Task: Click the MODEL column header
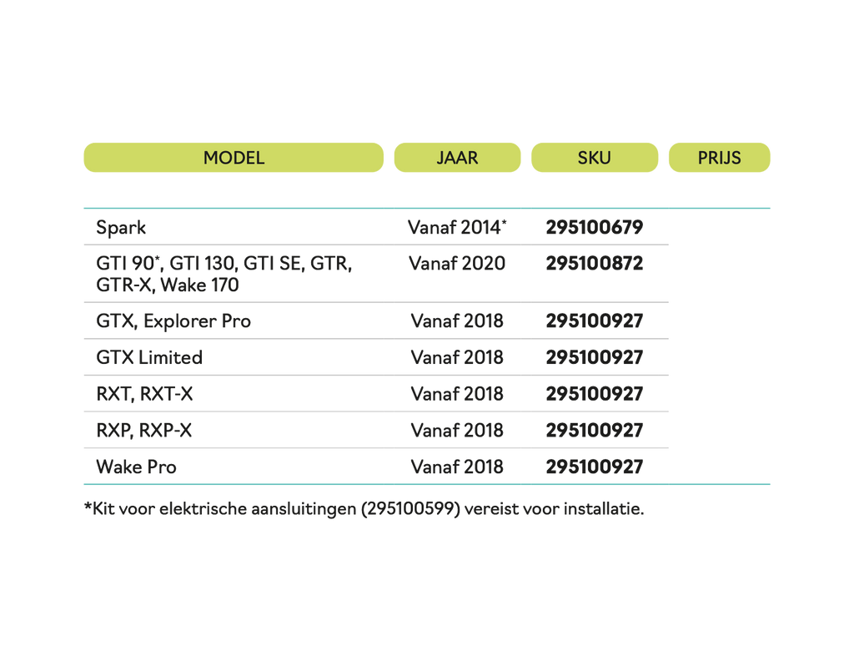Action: coord(234,158)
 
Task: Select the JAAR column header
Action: coord(457,158)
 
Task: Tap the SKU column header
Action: coord(594,158)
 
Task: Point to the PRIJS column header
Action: coord(719,158)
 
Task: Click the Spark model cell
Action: coord(122,227)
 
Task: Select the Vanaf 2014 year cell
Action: coord(458,227)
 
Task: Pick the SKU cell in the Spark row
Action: coord(595,227)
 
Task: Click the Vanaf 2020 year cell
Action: coord(457,264)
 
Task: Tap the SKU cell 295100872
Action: coord(595,264)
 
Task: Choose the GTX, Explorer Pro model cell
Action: coord(173,321)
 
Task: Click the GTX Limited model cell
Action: coord(149,358)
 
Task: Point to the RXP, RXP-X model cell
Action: coord(144,431)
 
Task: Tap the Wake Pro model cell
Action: coord(136,467)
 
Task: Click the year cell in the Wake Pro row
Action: coord(457,467)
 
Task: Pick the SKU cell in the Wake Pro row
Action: coord(595,467)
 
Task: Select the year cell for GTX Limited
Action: coord(457,358)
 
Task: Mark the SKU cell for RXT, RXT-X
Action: coord(595,394)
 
